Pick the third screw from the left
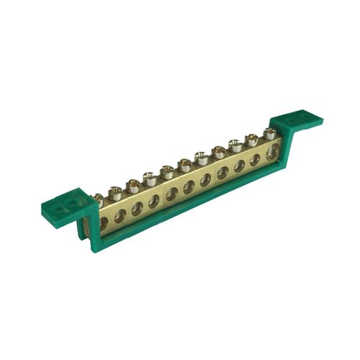(x=132, y=184)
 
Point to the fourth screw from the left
(x=150, y=177)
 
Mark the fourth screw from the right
(x=218, y=151)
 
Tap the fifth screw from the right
(x=202, y=158)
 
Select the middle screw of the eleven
(x=184, y=164)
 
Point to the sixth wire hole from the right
(x=188, y=184)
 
